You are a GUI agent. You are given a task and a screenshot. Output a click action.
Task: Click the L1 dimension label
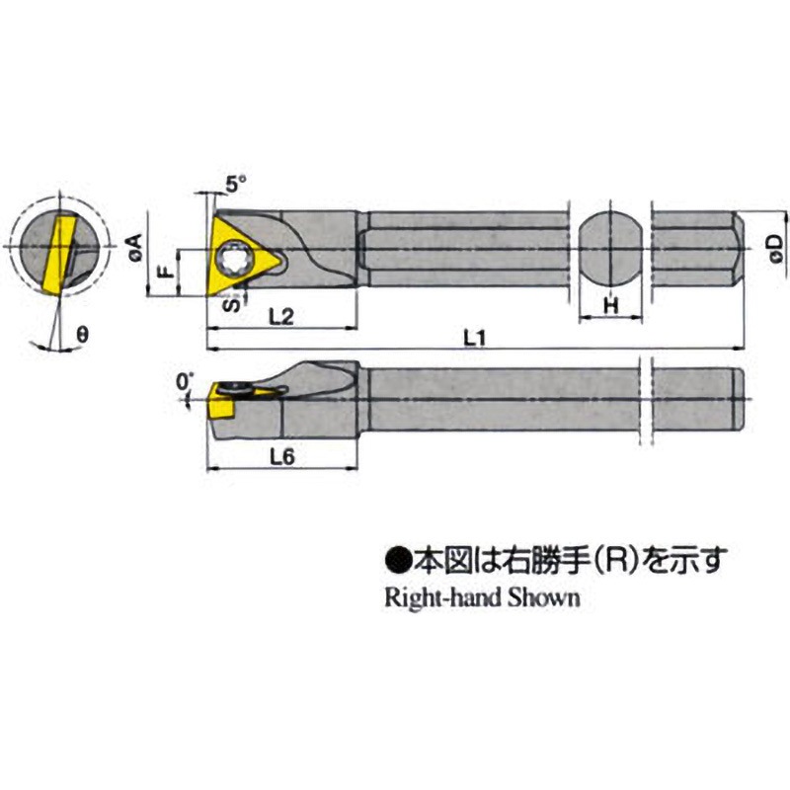(x=476, y=337)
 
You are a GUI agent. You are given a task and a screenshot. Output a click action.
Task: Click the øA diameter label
(x=137, y=247)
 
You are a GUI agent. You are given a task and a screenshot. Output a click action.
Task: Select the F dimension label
(x=168, y=265)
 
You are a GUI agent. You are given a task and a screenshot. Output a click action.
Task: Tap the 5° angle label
(x=233, y=184)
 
